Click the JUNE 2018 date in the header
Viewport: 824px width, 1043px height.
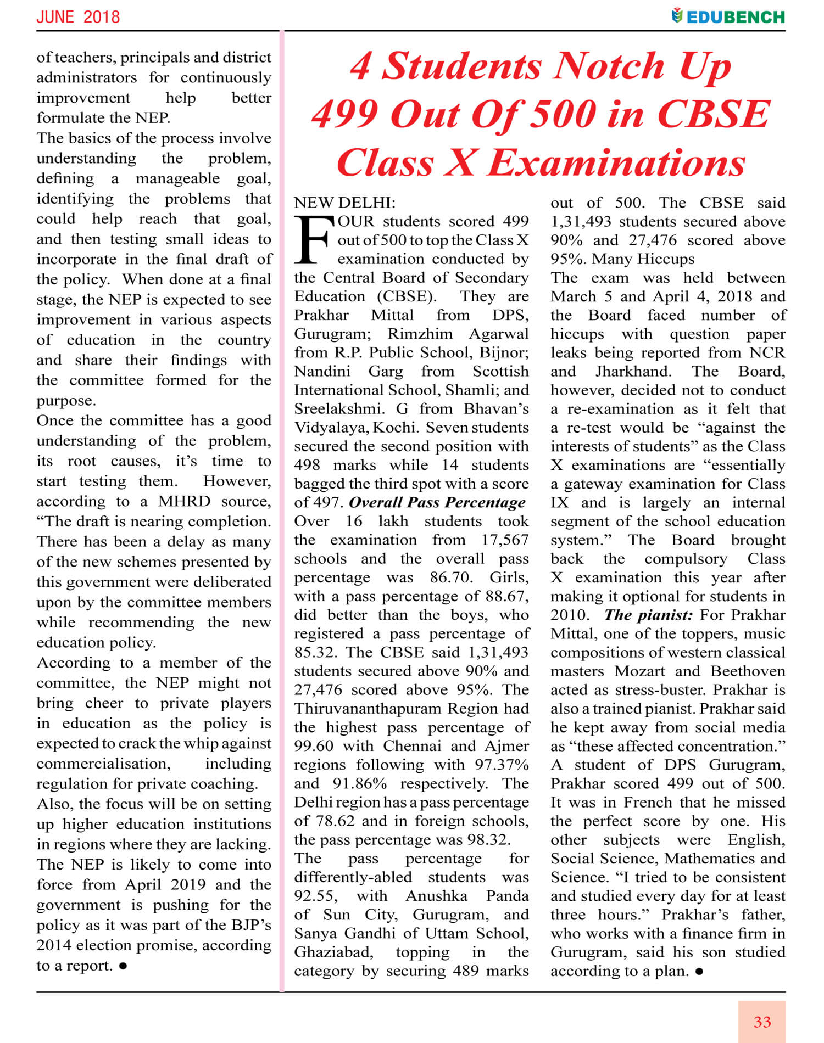(78, 16)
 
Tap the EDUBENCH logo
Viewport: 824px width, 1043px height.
(728, 16)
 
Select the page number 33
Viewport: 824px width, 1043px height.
(762, 1022)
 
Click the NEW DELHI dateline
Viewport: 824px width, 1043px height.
(344, 203)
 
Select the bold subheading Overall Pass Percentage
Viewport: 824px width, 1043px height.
(437, 502)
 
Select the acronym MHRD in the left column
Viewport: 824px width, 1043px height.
(184, 501)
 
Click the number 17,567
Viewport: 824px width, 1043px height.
(505, 540)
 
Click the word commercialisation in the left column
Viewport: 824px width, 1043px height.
(103, 764)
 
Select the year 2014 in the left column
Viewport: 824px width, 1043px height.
(54, 945)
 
